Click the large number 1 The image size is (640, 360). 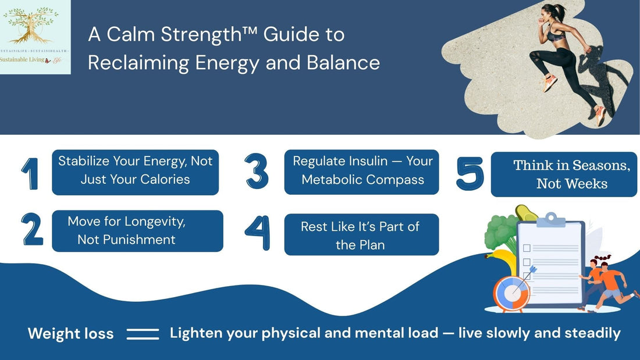30,173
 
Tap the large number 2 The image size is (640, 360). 33,229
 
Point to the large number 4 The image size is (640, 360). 257,233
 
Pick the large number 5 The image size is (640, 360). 470,173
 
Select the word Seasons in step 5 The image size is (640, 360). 600,165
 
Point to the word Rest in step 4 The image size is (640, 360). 314,226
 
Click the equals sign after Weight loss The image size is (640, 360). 143,334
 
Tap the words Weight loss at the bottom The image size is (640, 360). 70,334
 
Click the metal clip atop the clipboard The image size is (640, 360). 551,219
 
